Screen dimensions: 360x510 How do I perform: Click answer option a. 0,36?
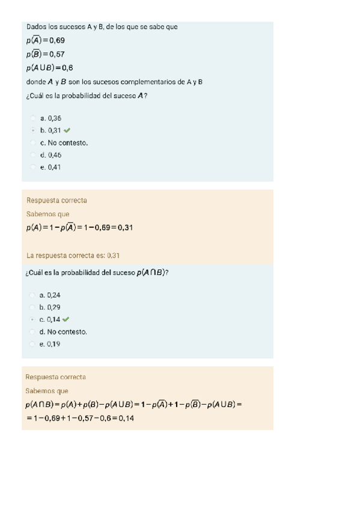click(x=50, y=118)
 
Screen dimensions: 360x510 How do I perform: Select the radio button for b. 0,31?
click(x=32, y=131)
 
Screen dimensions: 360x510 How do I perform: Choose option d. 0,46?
click(x=50, y=155)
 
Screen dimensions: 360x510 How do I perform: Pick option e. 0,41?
click(x=50, y=168)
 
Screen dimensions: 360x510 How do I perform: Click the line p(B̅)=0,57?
click(x=45, y=54)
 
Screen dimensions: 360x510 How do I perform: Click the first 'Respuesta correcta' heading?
click(x=56, y=200)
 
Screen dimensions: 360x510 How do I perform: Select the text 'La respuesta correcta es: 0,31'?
click(x=73, y=256)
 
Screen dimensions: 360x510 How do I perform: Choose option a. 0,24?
click(x=50, y=295)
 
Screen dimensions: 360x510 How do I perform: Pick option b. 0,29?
click(x=50, y=307)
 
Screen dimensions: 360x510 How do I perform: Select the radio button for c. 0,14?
click(x=32, y=320)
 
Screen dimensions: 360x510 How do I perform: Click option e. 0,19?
click(x=50, y=345)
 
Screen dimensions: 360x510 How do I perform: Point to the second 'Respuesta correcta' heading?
click(x=56, y=377)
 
